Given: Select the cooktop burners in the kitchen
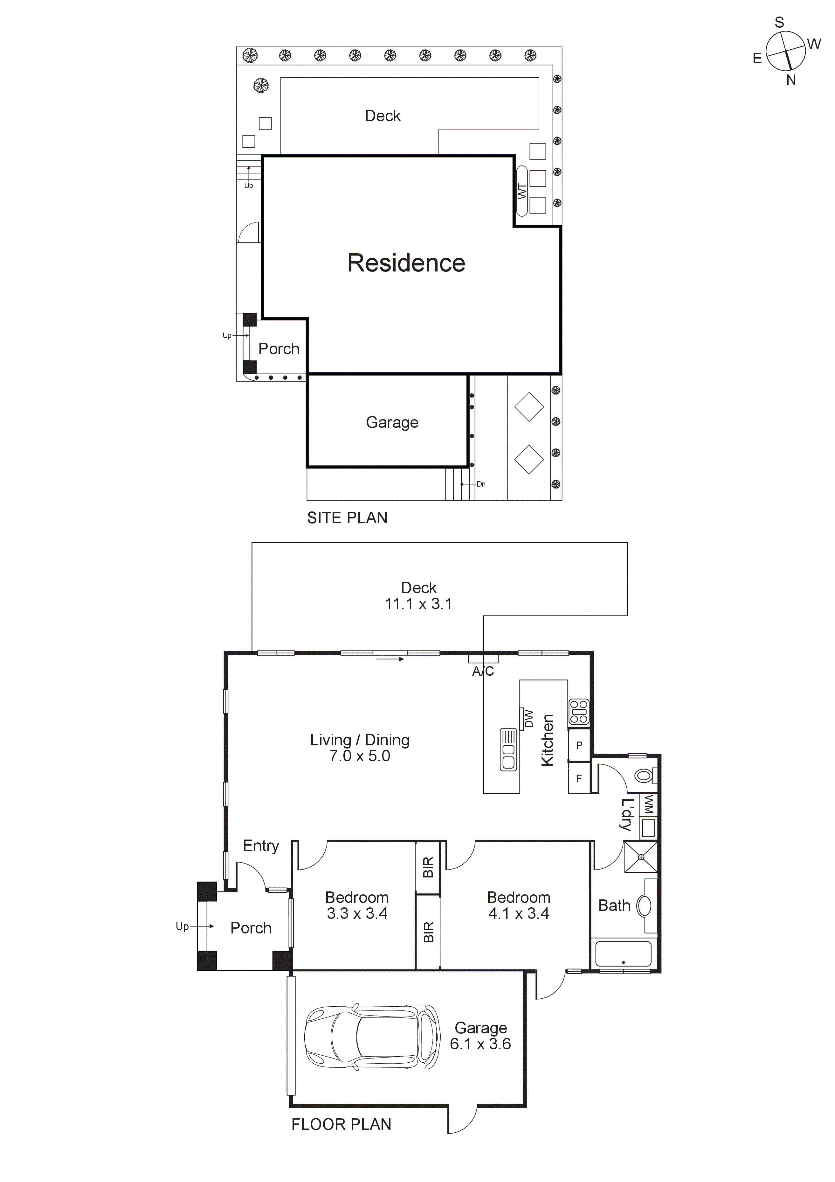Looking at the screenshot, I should point(578,713).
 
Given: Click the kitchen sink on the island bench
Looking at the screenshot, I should point(508,749).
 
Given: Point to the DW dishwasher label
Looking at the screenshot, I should point(529,719).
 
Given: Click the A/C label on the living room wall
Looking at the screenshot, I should point(483,671).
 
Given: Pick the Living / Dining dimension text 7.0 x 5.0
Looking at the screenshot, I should point(360,756).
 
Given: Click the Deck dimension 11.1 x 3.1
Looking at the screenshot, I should point(418,604).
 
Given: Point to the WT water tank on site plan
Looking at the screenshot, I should point(522,191).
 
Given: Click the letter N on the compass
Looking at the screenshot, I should point(791,80).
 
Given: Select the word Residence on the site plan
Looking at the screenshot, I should point(406,263).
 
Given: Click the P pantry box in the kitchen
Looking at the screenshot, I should point(579,745).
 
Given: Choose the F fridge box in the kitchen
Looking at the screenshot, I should point(578,778).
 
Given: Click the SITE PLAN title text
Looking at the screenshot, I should point(347,518).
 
